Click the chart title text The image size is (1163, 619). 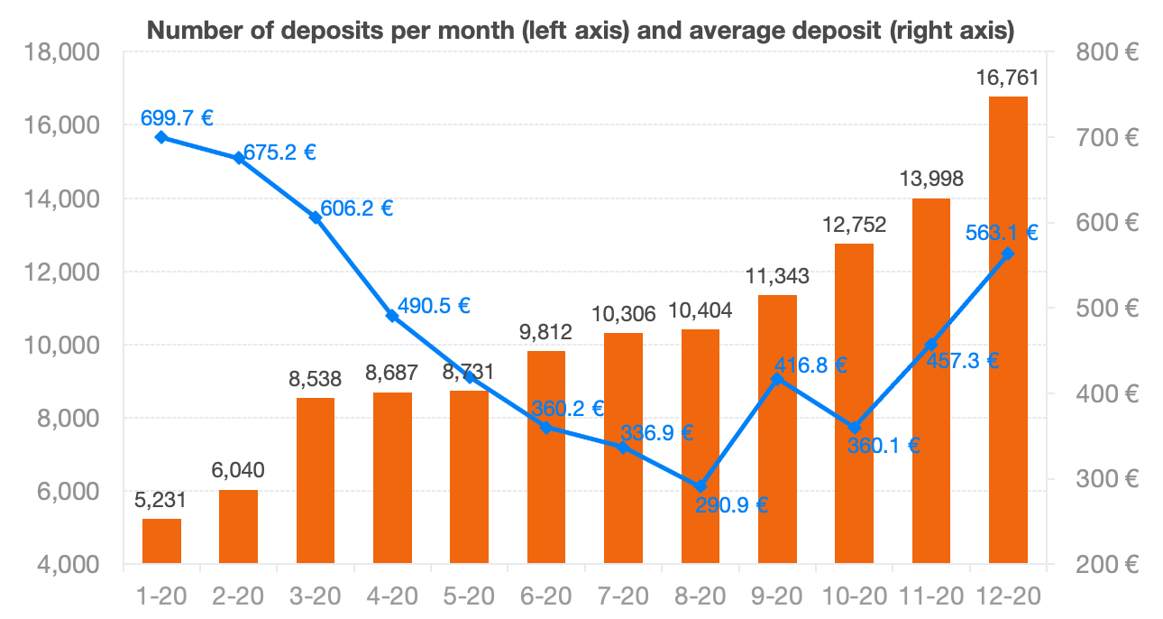[581, 31]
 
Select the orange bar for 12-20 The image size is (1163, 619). [1008, 330]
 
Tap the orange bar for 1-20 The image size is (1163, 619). [161, 541]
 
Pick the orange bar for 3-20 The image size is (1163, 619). [316, 481]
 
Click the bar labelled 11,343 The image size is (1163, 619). [777, 430]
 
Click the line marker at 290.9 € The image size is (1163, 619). [701, 486]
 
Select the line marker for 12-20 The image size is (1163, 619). [1008, 254]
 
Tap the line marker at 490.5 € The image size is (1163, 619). [392, 316]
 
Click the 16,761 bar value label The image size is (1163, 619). [1008, 79]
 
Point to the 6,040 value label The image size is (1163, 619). [239, 471]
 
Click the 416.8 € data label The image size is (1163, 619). [810, 365]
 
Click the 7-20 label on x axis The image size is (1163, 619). [623, 596]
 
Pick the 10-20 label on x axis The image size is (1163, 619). [854, 596]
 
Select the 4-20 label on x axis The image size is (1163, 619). [392, 596]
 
